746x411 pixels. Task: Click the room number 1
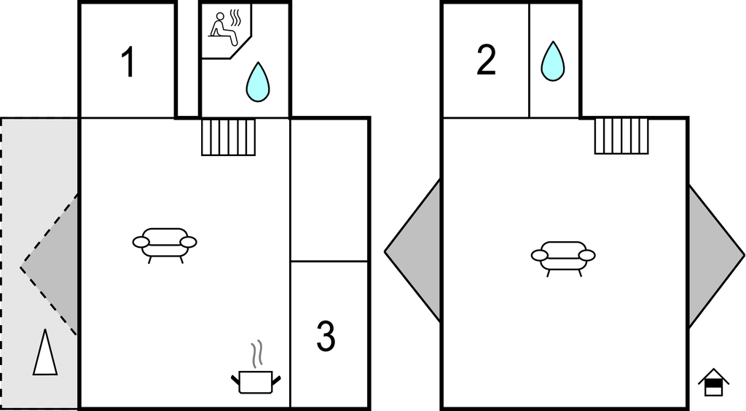coord(127,63)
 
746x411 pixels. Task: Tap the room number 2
coord(486,60)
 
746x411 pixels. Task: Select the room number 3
coord(326,336)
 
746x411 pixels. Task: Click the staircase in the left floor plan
coord(229,137)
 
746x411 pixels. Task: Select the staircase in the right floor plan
coord(621,136)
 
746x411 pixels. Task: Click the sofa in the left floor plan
coord(165,243)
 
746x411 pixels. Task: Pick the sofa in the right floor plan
coord(563,257)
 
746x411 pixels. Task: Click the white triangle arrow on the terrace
coord(44,353)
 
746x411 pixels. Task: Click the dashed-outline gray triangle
coord(55,266)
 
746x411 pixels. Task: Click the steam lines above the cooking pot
coord(256,355)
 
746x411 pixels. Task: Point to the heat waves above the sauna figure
coord(235,16)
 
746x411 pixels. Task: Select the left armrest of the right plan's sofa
coord(540,255)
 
